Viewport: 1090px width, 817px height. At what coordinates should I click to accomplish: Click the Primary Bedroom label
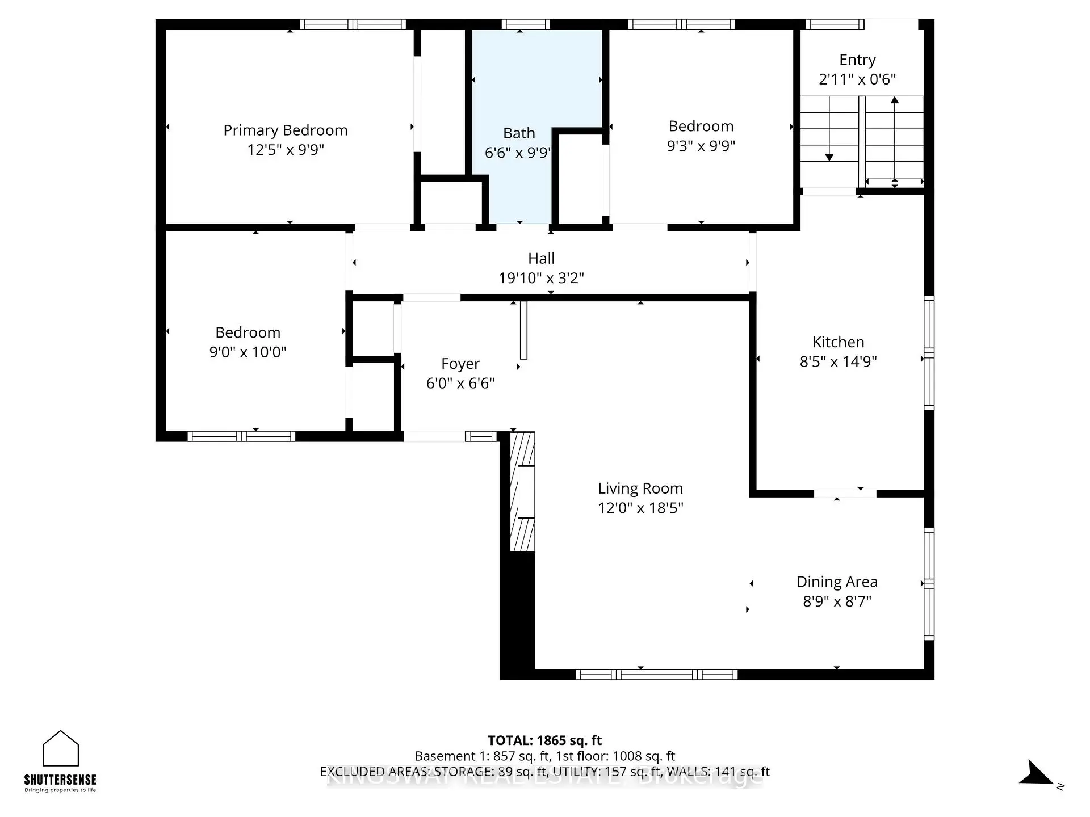(285, 130)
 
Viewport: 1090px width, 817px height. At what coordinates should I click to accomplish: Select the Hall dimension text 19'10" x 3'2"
(541, 278)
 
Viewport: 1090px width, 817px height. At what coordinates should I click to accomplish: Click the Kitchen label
(838, 342)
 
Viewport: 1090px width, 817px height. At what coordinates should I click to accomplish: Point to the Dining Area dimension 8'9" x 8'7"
(837, 601)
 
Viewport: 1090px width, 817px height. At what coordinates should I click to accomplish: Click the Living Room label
(640, 488)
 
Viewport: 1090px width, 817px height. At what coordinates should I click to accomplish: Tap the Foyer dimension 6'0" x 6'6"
(460, 384)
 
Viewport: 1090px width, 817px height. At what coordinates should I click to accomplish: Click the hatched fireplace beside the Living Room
(522, 491)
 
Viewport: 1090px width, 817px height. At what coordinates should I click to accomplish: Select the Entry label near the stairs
(857, 60)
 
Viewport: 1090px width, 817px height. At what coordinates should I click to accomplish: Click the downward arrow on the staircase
(829, 142)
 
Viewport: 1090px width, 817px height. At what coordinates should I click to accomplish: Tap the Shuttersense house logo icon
(61, 749)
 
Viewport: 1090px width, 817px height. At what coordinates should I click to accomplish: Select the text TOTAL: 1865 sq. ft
(544, 740)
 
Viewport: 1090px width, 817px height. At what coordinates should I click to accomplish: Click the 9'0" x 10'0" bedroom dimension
(248, 352)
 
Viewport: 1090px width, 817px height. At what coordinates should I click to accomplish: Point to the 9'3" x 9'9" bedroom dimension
(701, 146)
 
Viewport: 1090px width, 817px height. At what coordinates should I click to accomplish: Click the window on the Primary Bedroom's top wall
(353, 24)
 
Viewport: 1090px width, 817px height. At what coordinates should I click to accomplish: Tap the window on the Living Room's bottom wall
(656, 675)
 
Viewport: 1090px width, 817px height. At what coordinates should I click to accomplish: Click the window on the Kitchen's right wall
(929, 352)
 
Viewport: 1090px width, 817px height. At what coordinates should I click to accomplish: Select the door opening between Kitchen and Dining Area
(845, 494)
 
